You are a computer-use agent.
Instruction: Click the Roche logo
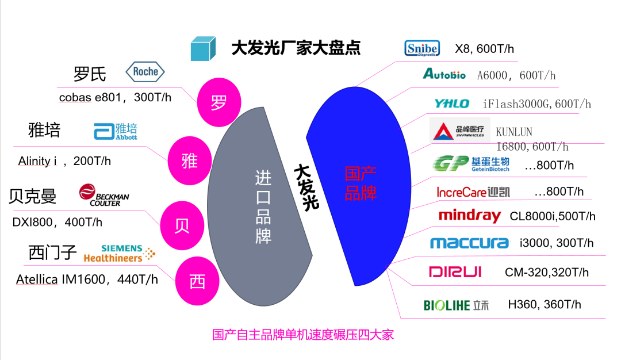pos(145,72)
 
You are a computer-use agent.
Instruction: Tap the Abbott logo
pos(116,131)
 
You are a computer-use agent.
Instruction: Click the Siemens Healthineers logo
pos(120,253)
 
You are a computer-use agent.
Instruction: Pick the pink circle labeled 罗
pos(218,103)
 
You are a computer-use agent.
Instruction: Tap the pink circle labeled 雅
pos(190,161)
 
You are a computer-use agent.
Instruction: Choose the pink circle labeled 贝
pos(182,224)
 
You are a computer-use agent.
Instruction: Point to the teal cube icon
pos(203,48)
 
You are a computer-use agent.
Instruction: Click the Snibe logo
pos(421,48)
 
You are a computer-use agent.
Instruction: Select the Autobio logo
pos(444,74)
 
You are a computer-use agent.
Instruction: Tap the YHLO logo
pos(451,104)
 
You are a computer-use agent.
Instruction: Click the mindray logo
pos(470,216)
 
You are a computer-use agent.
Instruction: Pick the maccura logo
pos(469,243)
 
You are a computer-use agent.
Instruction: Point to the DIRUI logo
pos(455,272)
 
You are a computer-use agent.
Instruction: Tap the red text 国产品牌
pos(361,183)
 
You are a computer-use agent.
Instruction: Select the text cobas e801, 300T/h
pos(115,98)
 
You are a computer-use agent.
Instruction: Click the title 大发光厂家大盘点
pos(296,47)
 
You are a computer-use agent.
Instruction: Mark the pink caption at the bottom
pos(303,335)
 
